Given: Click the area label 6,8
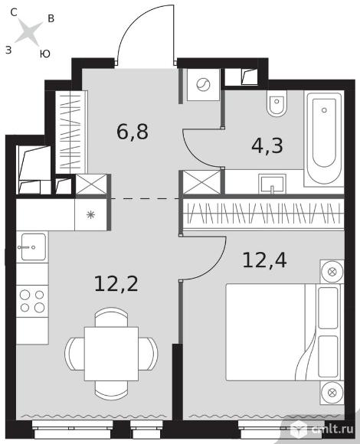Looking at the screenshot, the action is tap(133, 132).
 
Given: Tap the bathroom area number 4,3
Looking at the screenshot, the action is tap(267, 145).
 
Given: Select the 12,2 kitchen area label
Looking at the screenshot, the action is tap(116, 284).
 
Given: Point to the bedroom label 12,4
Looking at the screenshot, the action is tap(264, 260).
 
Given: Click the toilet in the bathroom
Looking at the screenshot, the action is tap(277, 103).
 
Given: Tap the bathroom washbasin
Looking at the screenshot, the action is tap(272, 184).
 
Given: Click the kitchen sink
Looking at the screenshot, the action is tap(33, 246).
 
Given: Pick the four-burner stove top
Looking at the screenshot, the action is tap(32, 302).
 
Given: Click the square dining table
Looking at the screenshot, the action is tap(111, 354).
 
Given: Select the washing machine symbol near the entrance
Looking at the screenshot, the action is tap(203, 85).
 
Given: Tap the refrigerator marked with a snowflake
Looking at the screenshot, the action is tap(90, 215).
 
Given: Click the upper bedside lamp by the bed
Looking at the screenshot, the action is tap(332, 271).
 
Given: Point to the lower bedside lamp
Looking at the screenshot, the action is tap(332, 393).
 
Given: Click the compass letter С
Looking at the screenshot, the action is tap(14, 12).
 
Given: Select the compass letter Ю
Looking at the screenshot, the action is tap(45, 54).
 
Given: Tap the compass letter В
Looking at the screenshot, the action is tap(51, 18).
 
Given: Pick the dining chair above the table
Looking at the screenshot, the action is tap(111, 317).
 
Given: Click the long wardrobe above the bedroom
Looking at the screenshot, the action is tap(263, 214).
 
